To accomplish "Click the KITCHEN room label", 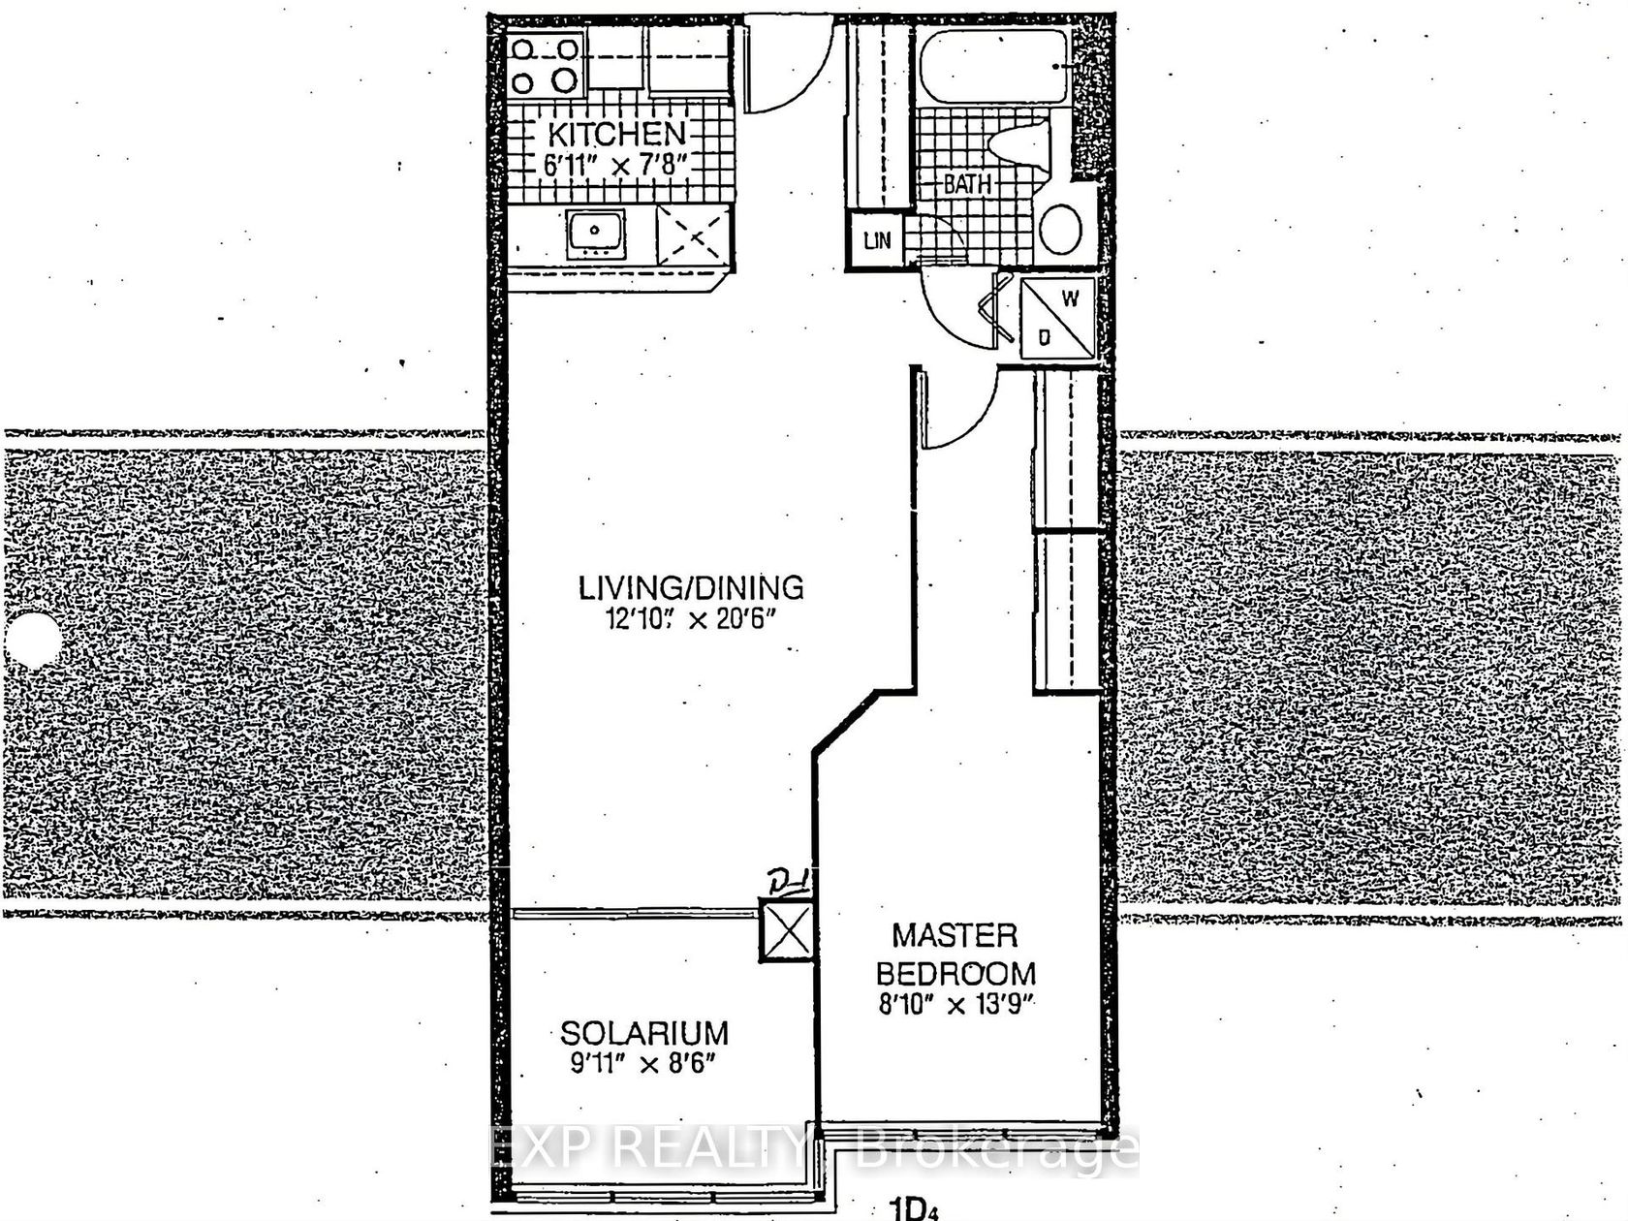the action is tap(616, 134).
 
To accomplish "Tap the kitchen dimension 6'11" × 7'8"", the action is tap(617, 164).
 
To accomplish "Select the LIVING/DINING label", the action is tap(691, 588).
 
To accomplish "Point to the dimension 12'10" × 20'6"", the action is tap(691, 618).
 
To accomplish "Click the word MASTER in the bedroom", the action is tap(955, 936).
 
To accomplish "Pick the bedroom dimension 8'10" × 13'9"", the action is tap(955, 1005).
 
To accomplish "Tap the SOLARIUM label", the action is tap(643, 1033).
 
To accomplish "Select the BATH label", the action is tap(967, 184).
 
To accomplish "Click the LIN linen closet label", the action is tap(877, 239).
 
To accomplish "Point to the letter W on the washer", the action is tap(1070, 298).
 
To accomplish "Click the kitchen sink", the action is tap(595, 234).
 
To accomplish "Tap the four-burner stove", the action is tap(547, 65).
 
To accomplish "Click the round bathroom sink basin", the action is tap(1060, 229).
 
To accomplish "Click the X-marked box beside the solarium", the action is tap(786, 929).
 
